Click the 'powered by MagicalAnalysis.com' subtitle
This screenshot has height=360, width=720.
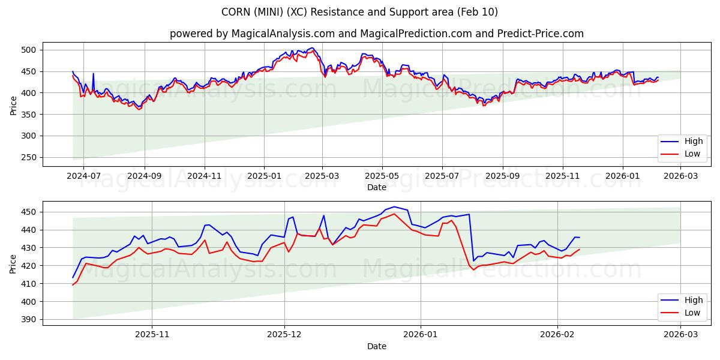click(x=376, y=34)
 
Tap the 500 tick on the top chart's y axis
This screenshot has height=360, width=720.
click(x=30, y=50)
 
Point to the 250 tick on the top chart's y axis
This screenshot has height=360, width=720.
click(x=30, y=157)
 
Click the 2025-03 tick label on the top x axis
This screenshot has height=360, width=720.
click(x=322, y=176)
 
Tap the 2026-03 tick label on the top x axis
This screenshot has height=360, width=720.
click(x=680, y=176)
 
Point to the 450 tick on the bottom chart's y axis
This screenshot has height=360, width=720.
click(x=30, y=212)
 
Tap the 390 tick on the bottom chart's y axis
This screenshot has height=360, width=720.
click(x=30, y=319)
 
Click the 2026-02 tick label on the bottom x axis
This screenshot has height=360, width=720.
click(x=557, y=335)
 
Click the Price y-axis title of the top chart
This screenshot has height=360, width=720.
click(x=13, y=104)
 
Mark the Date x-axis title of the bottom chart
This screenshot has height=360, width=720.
click(x=376, y=346)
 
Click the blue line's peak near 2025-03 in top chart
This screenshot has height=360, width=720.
click(x=311, y=48)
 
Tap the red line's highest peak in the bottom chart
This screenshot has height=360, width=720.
click(x=394, y=214)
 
